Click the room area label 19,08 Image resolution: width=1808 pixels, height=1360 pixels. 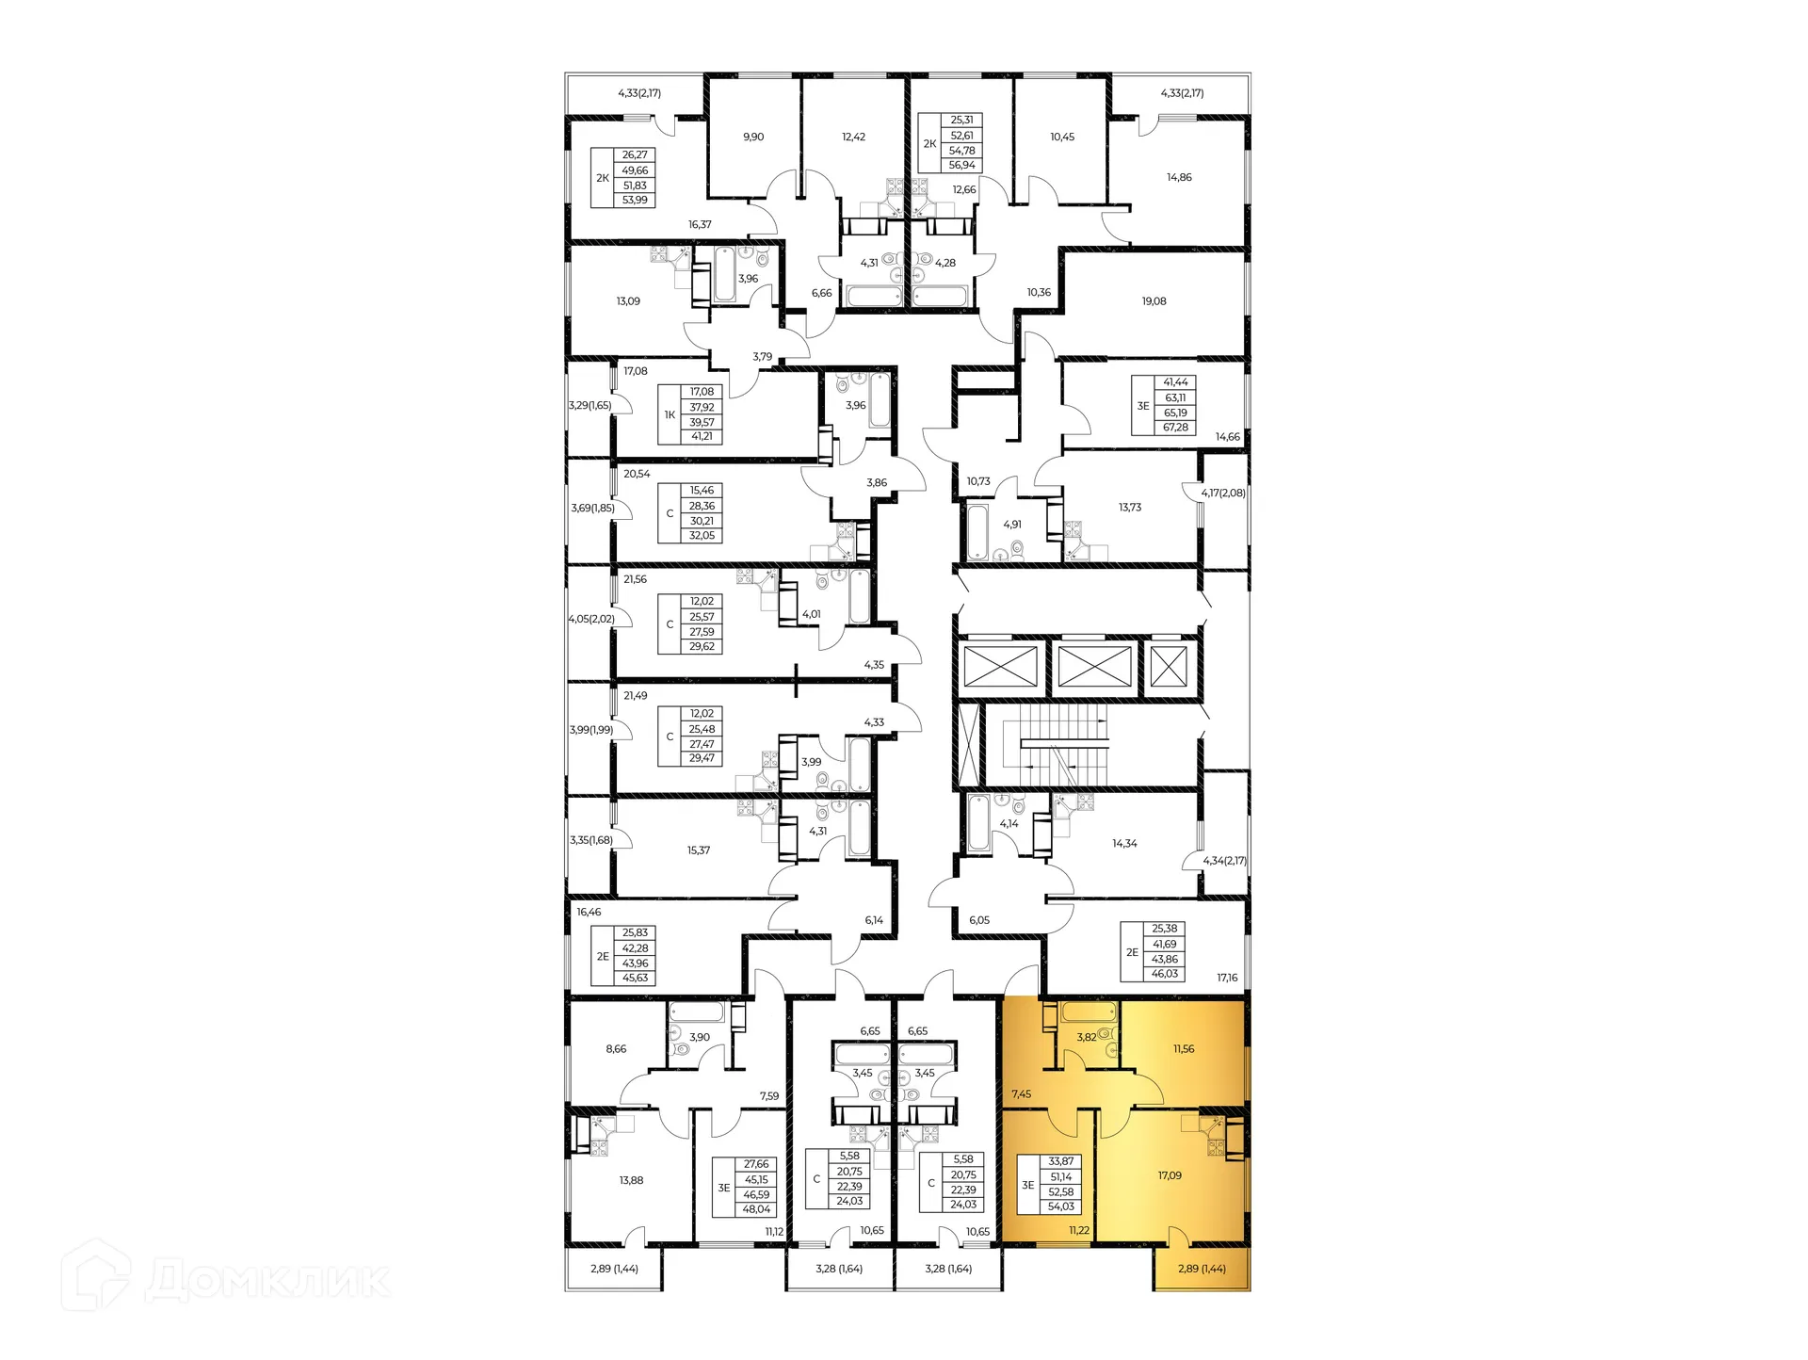coord(1154,301)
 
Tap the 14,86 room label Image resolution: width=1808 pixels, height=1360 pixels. coord(1179,177)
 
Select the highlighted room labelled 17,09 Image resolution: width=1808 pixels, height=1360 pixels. coord(1170,1175)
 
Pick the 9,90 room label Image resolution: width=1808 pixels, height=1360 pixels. coord(753,137)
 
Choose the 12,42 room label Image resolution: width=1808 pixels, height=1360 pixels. coord(853,137)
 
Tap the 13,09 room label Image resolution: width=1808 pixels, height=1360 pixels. coord(628,301)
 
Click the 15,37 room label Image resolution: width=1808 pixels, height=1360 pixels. coord(699,850)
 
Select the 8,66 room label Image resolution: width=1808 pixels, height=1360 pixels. coord(616,1048)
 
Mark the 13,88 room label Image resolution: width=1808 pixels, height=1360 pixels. coord(631,1180)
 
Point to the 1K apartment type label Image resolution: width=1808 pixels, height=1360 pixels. coord(670,414)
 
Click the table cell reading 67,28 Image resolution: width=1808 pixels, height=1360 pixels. coord(1175,428)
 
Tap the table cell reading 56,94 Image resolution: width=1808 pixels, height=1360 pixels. coord(961,166)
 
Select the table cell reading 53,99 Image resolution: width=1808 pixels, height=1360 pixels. coord(635,201)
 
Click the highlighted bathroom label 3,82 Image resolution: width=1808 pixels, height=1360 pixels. coord(1086,1037)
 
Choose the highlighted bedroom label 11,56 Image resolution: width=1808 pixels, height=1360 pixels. coord(1184,1048)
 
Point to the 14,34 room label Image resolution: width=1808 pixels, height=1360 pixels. coord(1124,844)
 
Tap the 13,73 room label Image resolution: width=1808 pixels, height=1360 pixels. coord(1130,507)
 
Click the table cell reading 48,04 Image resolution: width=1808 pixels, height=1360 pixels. coord(756,1209)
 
